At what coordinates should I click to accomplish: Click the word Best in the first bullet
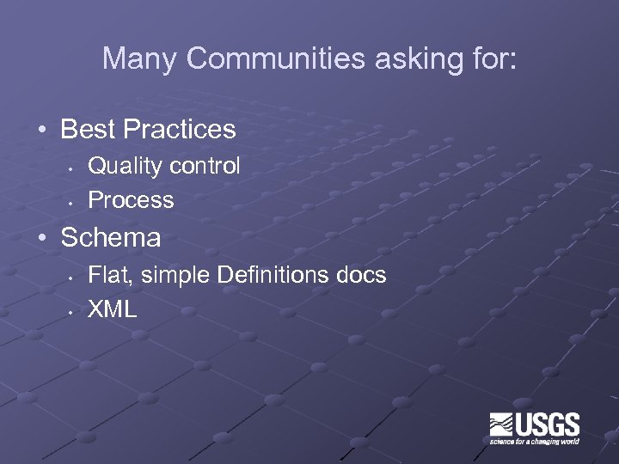(89, 130)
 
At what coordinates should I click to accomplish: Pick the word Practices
(179, 130)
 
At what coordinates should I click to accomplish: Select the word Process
(132, 200)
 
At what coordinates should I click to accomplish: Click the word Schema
(111, 237)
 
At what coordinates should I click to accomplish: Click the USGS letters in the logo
(547, 424)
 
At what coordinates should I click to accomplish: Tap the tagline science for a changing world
(535, 442)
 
